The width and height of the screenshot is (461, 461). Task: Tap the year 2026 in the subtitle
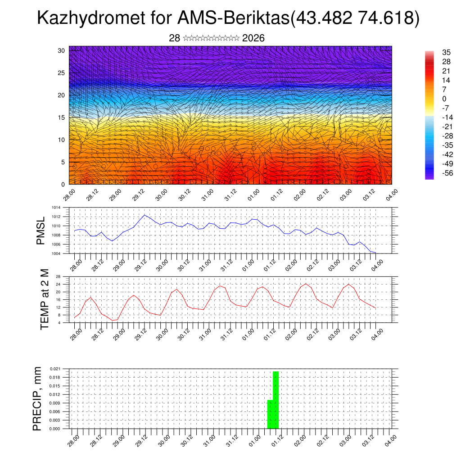tap(253, 38)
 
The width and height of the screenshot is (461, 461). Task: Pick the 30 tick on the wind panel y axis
tap(62, 50)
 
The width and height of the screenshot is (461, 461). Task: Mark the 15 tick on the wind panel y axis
tap(62, 118)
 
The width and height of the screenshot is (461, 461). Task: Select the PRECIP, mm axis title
tap(37, 398)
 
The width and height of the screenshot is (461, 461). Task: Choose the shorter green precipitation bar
tap(270, 414)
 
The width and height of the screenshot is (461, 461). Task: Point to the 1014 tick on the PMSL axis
tap(56, 208)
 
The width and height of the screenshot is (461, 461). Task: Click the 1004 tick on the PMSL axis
tap(56, 253)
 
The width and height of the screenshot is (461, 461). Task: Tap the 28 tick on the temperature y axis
tap(58, 276)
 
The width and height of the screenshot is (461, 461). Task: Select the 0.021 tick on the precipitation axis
tap(55, 369)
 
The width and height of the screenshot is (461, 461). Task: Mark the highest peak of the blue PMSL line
tap(144, 215)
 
